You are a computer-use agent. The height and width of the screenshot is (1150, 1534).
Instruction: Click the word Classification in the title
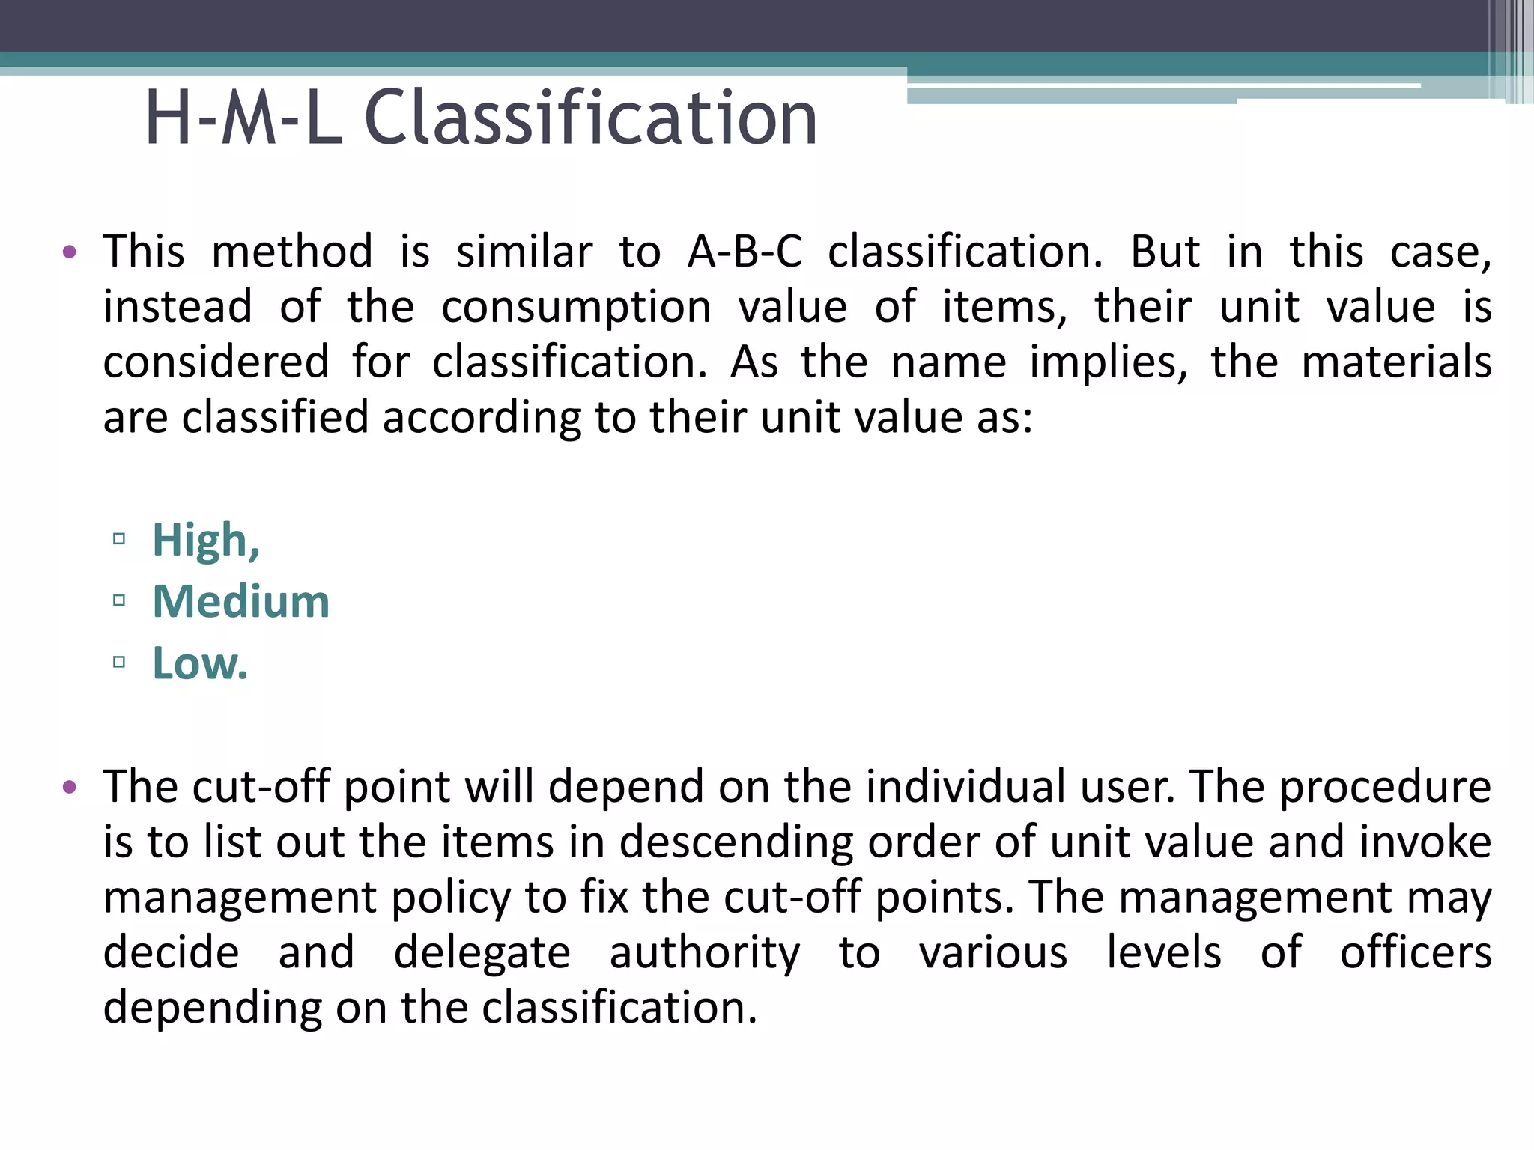[590, 118]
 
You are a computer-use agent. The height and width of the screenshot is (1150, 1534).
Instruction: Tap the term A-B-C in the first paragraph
[745, 252]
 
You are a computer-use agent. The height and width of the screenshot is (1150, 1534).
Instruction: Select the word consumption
[576, 308]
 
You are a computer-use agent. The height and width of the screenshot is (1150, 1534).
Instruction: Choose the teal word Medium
[241, 602]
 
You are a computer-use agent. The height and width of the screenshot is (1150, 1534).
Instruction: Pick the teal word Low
[199, 663]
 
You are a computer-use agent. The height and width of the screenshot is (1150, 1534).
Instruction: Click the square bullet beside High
[119, 539]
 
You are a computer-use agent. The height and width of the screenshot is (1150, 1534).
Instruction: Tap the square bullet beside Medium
[119, 600]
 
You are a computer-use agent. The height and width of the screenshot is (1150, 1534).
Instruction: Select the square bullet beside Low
[119, 662]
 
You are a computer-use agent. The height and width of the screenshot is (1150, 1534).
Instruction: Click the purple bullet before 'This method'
[70, 252]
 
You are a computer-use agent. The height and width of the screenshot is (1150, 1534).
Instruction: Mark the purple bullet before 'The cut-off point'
[70, 787]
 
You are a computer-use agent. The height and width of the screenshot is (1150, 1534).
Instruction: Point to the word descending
[736, 842]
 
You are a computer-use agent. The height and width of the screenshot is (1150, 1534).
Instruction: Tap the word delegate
[482, 953]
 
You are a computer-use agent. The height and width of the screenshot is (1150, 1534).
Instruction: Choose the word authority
[705, 953]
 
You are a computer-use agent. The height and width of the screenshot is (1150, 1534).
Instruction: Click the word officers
[1415, 953]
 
